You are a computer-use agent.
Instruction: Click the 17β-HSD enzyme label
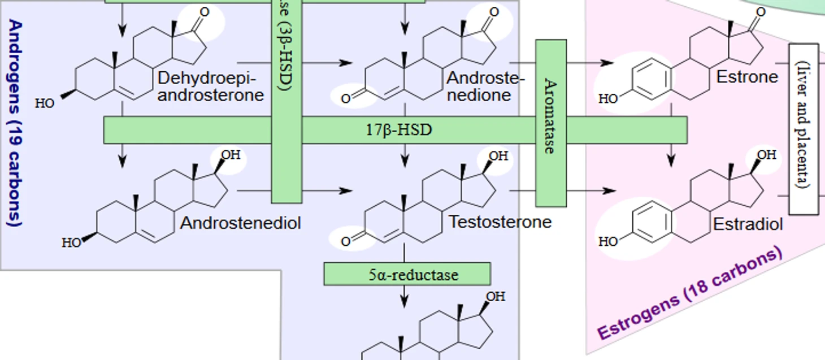(398, 130)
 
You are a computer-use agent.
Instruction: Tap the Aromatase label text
(550, 116)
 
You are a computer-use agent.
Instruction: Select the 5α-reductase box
(407, 275)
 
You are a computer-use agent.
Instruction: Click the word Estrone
(747, 77)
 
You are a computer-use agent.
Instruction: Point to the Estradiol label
(748, 224)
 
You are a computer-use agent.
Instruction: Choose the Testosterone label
(500, 222)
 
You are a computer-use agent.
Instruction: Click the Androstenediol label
(241, 223)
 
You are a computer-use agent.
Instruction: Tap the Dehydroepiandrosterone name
(210, 86)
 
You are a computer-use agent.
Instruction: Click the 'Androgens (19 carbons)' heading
(15, 123)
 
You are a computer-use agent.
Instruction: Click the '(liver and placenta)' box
(803, 129)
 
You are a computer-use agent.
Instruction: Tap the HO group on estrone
(608, 99)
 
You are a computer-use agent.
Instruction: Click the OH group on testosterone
(498, 156)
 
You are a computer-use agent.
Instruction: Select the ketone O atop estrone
(761, 11)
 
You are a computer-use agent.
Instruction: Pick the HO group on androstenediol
(72, 243)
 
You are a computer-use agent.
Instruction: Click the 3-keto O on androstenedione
(346, 99)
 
